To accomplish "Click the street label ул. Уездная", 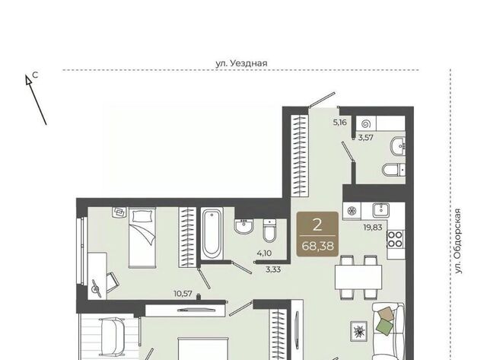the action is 241,63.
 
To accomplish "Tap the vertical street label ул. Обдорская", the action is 458,241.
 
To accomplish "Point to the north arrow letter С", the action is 36,75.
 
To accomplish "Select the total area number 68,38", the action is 317,246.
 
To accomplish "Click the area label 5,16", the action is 339,123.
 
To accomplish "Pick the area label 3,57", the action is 365,138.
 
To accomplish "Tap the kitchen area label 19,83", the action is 373,228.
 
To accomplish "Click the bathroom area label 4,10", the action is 264,253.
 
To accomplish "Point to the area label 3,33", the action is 273,269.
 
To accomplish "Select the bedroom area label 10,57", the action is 183,293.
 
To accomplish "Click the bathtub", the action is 212,233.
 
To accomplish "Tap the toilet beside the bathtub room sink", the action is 269,231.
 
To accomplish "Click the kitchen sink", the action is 380,210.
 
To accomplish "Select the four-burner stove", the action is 395,239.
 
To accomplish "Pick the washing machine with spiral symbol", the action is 366,124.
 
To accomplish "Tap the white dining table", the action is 358,277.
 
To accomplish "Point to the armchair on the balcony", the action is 112,336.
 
